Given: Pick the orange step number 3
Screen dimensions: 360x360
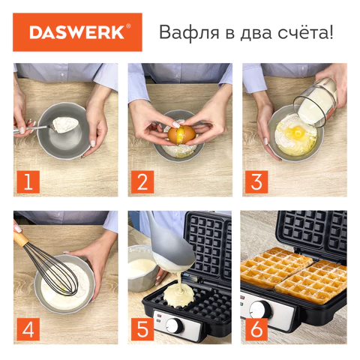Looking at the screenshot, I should [x=258, y=181].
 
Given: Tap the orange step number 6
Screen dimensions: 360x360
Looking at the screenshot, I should [x=258, y=328].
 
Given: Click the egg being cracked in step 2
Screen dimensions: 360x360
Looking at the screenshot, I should [x=181, y=134].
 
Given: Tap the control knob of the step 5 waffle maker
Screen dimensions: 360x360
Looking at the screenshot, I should [x=173, y=325].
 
